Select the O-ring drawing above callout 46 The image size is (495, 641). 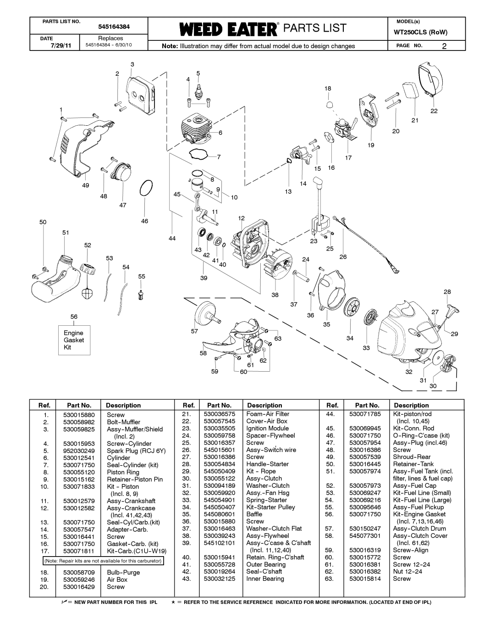click(x=146, y=188)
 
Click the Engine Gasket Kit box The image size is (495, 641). click(x=74, y=340)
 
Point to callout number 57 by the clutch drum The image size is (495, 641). click(x=194, y=331)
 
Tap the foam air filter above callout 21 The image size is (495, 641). click(x=410, y=89)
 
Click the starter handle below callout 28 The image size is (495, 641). click(x=452, y=310)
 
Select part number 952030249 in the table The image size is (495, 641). click(x=79, y=451)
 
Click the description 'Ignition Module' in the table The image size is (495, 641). click(x=268, y=428)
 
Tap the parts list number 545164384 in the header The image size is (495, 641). click(x=114, y=27)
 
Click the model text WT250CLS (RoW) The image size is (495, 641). click(x=421, y=33)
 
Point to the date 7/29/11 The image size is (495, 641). click(x=61, y=46)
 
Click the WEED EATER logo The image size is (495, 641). click(x=228, y=29)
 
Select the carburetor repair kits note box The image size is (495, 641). click(x=103, y=560)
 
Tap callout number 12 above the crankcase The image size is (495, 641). click(x=241, y=218)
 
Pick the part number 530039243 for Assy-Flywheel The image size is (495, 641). click(x=220, y=535)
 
